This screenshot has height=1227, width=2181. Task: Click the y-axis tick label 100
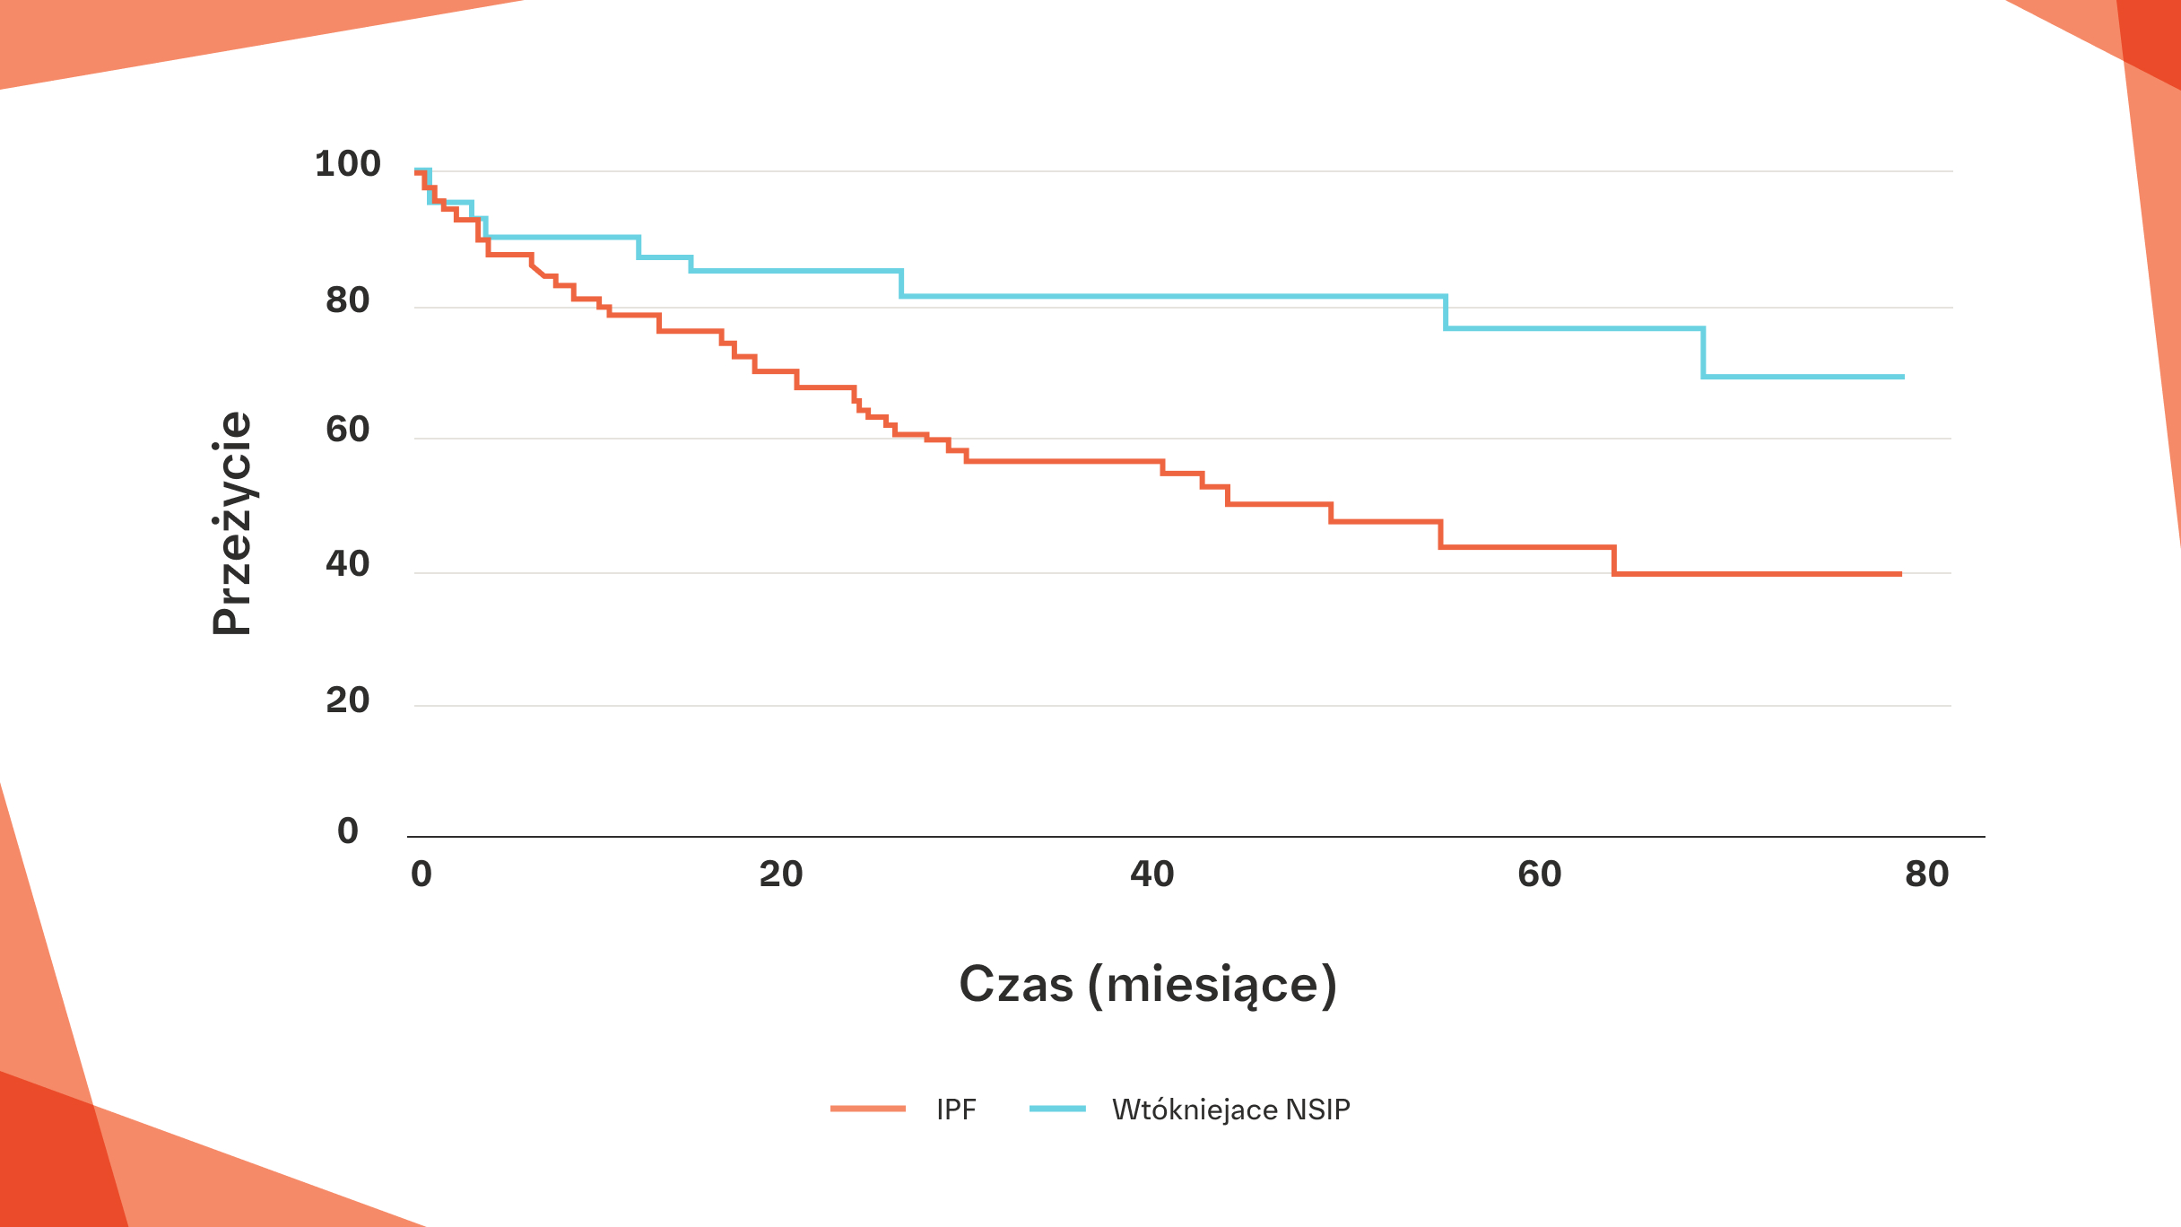[348, 164]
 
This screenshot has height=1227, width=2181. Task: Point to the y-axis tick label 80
[348, 300]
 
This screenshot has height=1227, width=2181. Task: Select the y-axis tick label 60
[348, 431]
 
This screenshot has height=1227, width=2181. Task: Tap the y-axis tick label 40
[348, 564]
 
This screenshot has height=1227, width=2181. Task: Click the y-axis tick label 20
[348, 701]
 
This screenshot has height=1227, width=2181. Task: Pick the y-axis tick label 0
[348, 831]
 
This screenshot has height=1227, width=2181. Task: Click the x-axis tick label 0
[421, 875]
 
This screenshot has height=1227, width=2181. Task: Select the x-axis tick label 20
[781, 875]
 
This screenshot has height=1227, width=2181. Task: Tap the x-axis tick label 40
[1152, 875]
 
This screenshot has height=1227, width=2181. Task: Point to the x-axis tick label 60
[1540, 875]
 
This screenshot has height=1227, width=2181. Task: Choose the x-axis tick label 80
[1927, 875]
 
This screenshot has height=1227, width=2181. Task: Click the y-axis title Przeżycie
[232, 524]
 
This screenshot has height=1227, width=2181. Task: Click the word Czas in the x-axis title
[1016, 985]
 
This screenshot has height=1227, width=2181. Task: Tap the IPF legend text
[956, 1110]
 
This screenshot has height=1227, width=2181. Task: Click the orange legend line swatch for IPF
[868, 1110]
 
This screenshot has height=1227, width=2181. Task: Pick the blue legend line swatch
[1058, 1110]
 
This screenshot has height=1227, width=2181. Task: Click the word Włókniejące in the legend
[1195, 1110]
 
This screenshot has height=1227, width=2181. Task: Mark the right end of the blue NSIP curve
[1903, 377]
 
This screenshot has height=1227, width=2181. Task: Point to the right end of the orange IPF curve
[1900, 574]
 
